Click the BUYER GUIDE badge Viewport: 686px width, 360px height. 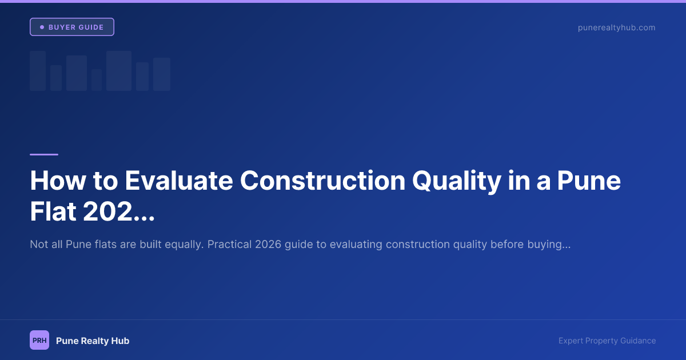(x=72, y=27)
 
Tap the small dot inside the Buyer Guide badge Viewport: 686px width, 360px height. (x=42, y=27)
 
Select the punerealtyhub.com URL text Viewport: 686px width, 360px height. (x=616, y=27)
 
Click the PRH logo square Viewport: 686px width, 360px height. (x=39, y=340)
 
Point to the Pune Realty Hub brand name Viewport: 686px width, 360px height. (x=93, y=341)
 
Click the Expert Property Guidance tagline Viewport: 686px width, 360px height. (x=607, y=341)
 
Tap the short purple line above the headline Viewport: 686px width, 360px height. (x=44, y=154)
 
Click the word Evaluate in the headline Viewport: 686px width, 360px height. (x=179, y=181)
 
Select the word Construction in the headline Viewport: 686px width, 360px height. (x=322, y=181)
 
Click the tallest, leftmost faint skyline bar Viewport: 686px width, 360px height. (x=38, y=71)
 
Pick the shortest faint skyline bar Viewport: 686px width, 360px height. (x=97, y=80)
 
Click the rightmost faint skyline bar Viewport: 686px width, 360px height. (x=162, y=74)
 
